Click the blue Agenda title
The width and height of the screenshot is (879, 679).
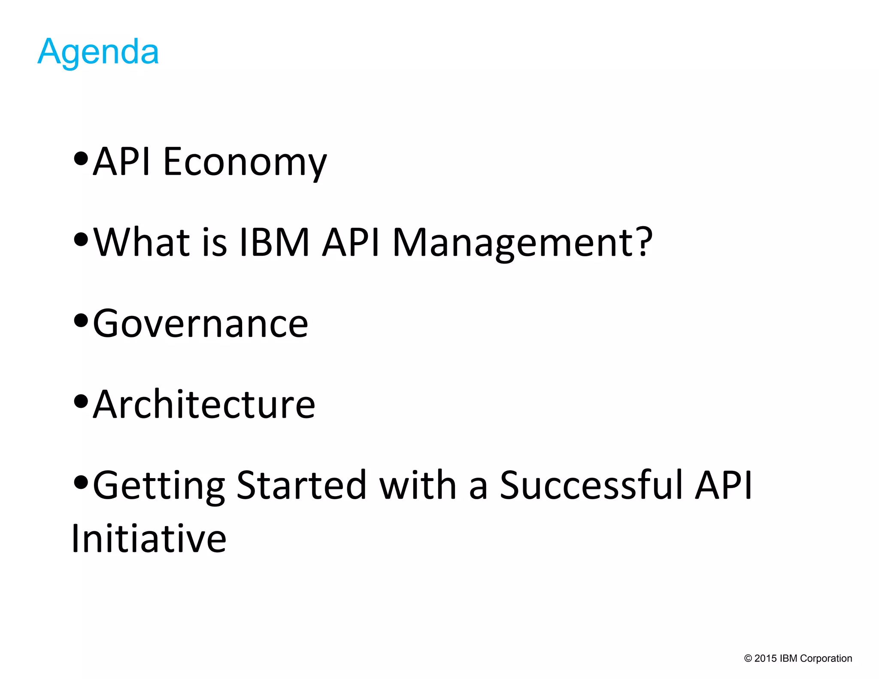(98, 52)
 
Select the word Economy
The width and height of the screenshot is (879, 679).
(245, 162)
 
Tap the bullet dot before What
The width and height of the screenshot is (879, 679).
(81, 239)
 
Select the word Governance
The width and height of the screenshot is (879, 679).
(200, 324)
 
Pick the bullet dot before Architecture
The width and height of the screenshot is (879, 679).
(81, 401)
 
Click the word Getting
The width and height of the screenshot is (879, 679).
(159, 486)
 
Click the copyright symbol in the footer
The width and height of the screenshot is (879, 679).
(748, 658)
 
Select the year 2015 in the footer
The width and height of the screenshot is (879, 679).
(765, 658)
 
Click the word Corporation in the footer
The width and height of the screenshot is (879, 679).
(826, 658)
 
